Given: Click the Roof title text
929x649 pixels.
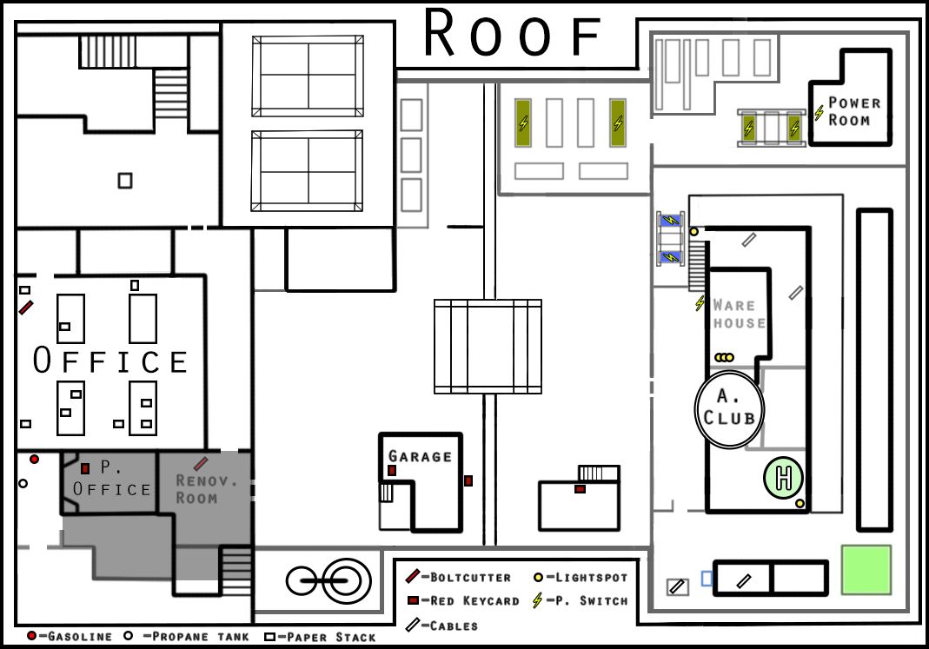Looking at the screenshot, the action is click(x=513, y=33).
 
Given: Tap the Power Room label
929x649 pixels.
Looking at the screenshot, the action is click(x=854, y=111).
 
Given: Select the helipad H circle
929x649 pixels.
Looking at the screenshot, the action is click(x=783, y=477).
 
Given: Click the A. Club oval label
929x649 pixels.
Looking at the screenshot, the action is click(x=729, y=408).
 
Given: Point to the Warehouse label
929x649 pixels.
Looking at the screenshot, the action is click(x=739, y=314).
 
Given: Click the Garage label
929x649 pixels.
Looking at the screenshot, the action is click(x=420, y=456).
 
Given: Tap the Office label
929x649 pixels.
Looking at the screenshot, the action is click(x=110, y=361).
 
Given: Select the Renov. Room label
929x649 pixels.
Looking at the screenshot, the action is click(x=206, y=490).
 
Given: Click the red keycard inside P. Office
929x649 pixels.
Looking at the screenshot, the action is click(x=85, y=468).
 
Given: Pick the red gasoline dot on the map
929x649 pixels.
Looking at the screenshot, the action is click(x=35, y=459).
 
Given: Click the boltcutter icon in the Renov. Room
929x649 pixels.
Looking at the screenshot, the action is click(x=201, y=463).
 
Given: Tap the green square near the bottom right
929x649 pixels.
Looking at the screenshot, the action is click(x=866, y=570).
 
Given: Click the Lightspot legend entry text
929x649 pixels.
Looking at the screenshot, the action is click(x=591, y=578).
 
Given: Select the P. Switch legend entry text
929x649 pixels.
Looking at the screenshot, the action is click(x=591, y=601).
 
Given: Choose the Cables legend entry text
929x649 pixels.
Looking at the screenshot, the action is click(x=454, y=626).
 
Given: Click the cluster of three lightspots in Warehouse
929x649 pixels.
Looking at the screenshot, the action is click(x=724, y=358).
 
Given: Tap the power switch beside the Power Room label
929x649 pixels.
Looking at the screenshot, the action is click(x=819, y=112).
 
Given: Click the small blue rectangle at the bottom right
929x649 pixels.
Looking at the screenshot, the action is click(x=707, y=579).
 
